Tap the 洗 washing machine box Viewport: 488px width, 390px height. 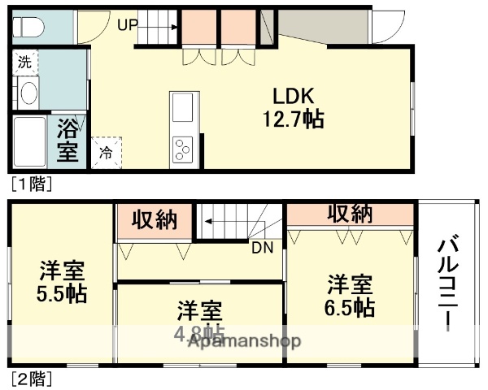(x=24, y=62)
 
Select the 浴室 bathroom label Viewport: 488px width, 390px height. (x=68, y=141)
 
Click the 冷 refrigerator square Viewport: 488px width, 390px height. (x=106, y=150)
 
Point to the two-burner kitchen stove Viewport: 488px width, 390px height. (x=182, y=150)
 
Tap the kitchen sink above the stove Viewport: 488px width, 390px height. (x=182, y=106)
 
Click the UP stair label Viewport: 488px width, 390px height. (x=127, y=24)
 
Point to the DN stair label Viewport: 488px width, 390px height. (x=261, y=248)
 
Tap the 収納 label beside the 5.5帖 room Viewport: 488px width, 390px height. (x=155, y=219)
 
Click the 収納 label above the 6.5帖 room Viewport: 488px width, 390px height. (x=351, y=213)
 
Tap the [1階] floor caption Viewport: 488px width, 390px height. (x=31, y=184)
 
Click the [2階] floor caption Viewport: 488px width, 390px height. (x=31, y=378)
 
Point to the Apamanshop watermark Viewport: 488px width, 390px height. (x=245, y=341)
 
